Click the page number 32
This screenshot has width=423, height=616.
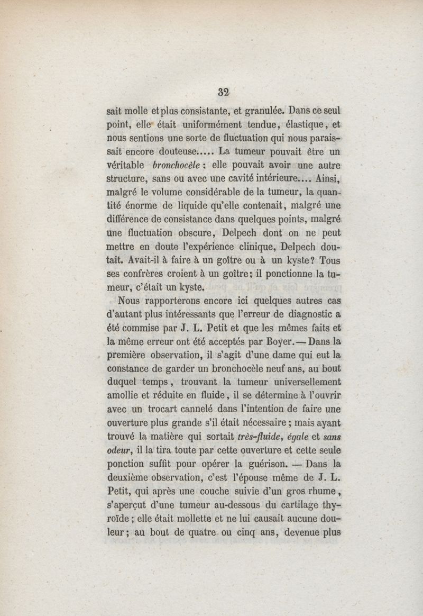pos(223,92)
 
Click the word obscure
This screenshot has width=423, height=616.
pos(186,232)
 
